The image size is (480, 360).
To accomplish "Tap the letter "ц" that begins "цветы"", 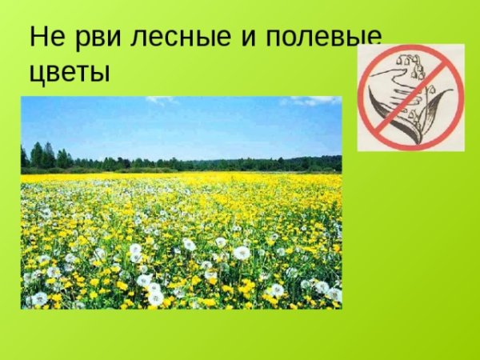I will click(x=37, y=74).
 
